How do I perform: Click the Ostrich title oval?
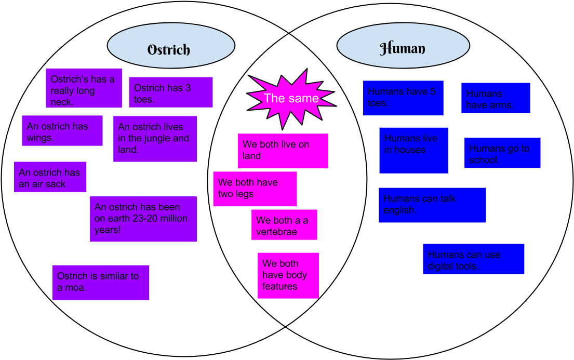171,46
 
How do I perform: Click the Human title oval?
403,45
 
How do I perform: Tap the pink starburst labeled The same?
291,99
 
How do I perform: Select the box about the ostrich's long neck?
84,88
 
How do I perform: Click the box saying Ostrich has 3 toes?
170,92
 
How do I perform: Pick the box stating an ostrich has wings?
62,131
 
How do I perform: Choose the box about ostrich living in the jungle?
155,139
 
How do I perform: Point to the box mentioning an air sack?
50,177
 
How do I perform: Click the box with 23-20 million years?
143,219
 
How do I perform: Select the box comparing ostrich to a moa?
101,283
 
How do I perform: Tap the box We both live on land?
283,151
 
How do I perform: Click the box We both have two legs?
255,189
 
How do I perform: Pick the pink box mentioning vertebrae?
284,225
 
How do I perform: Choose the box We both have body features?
288,275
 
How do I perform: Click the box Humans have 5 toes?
403,98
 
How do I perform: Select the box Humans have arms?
496,98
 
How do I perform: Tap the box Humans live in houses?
413,150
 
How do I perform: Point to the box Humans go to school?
502,153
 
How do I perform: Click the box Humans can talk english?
432,205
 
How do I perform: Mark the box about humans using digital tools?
473,259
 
